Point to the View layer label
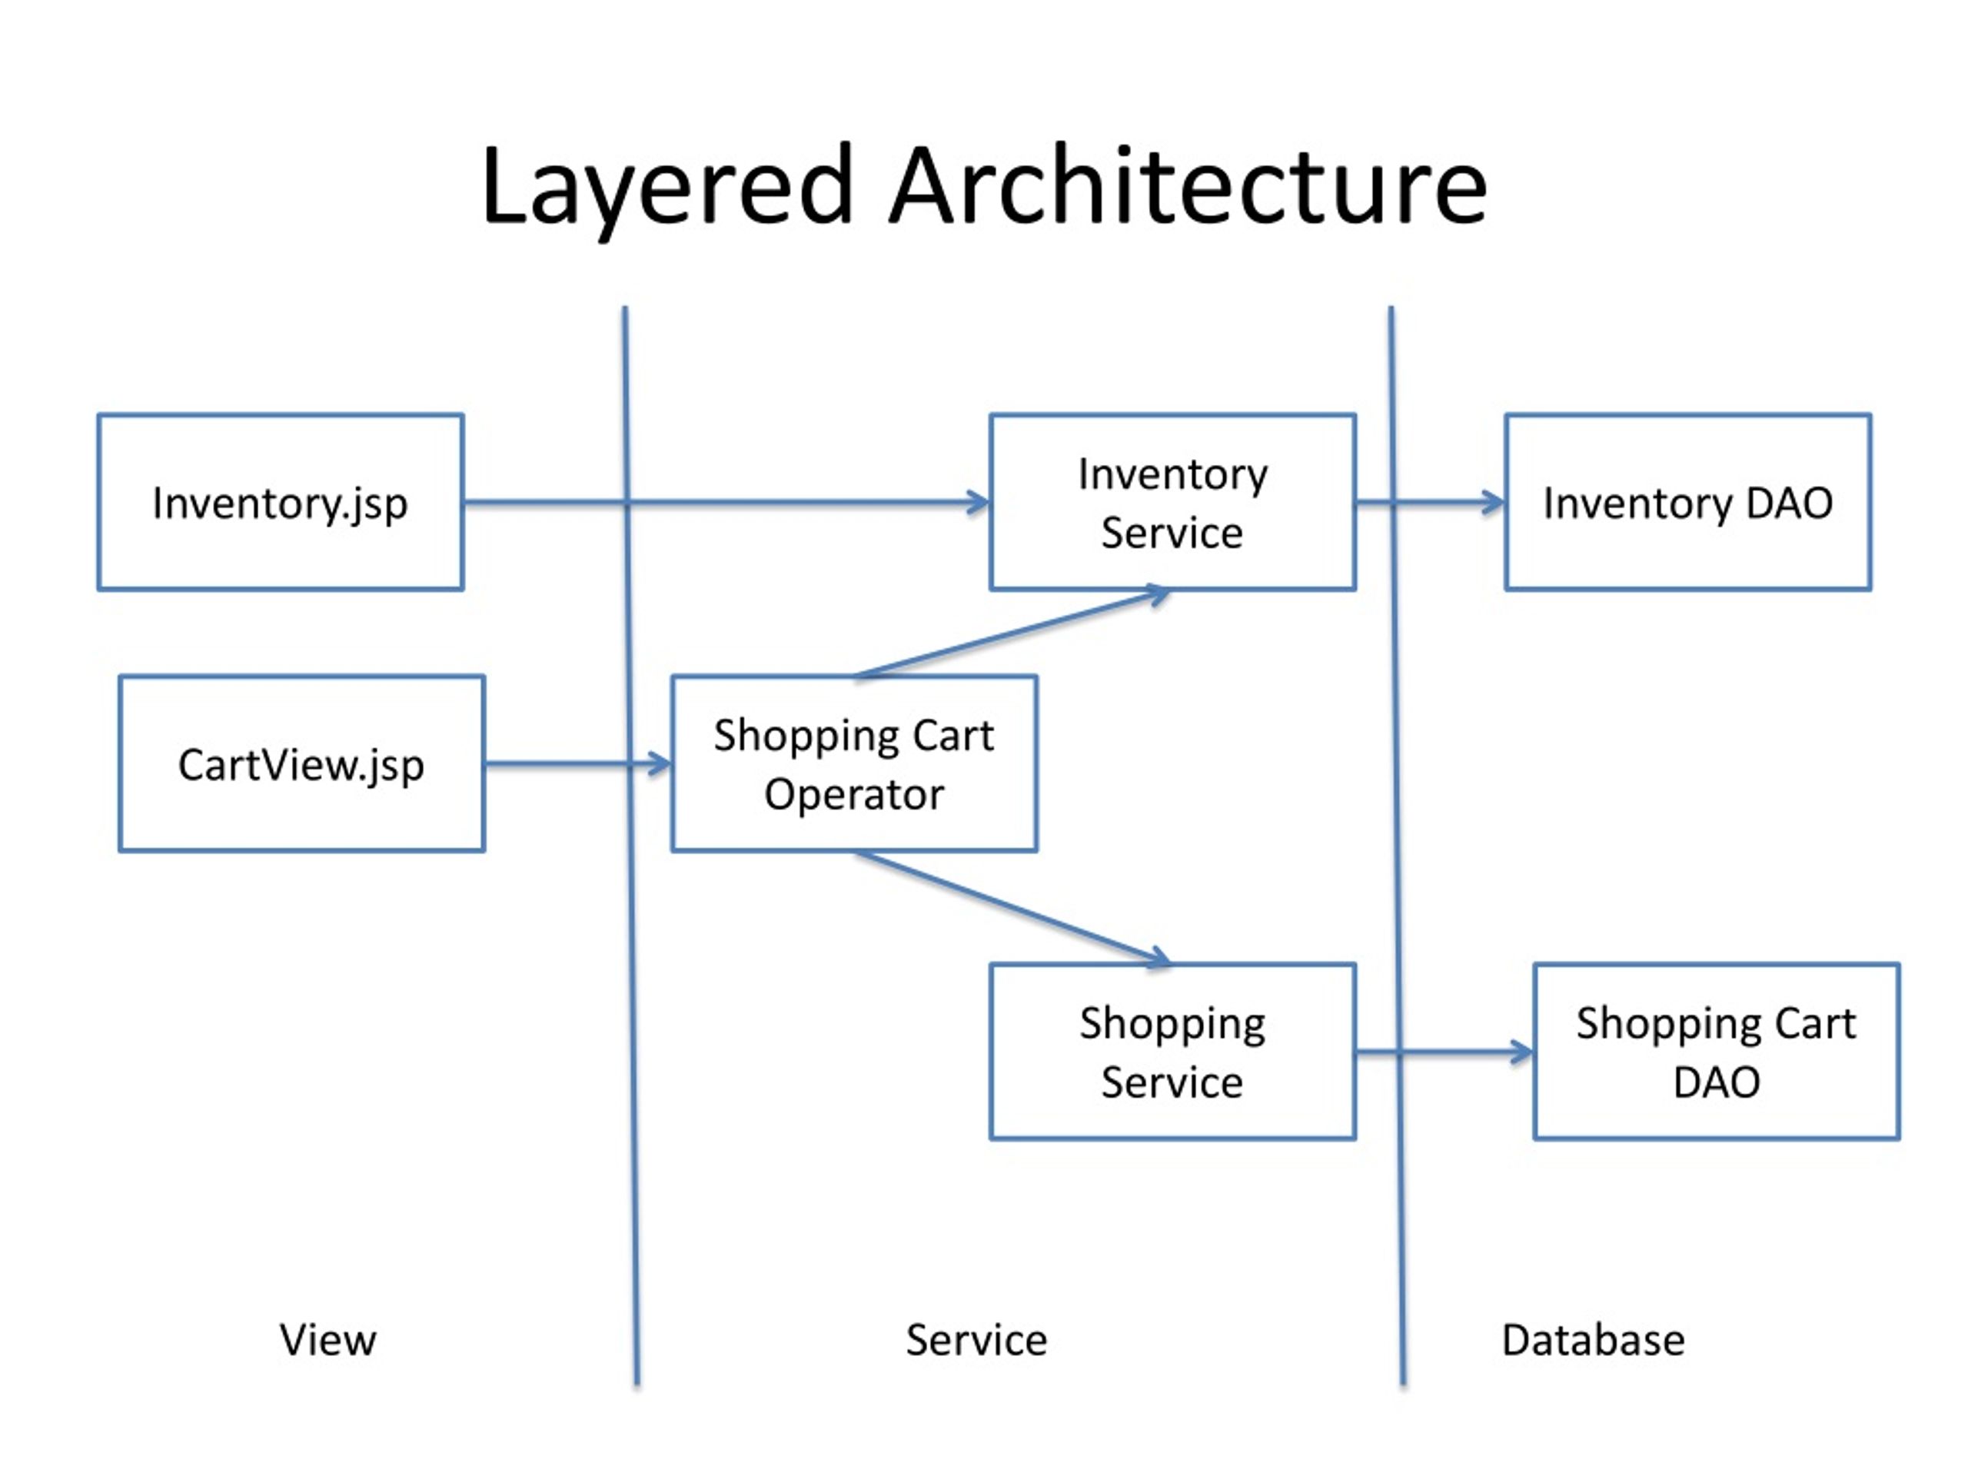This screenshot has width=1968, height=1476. [x=327, y=1339]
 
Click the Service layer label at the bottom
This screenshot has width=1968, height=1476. [x=976, y=1339]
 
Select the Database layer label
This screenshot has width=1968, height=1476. [x=1593, y=1339]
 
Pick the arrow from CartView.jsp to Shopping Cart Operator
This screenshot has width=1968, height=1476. [x=578, y=763]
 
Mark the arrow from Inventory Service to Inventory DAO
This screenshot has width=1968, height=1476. [x=1431, y=503]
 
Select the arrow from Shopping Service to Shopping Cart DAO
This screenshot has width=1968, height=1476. [x=1444, y=1052]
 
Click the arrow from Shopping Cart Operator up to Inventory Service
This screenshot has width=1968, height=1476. [x=1012, y=633]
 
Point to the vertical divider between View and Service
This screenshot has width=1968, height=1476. [x=631, y=845]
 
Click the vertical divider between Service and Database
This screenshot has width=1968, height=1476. [x=1397, y=845]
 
